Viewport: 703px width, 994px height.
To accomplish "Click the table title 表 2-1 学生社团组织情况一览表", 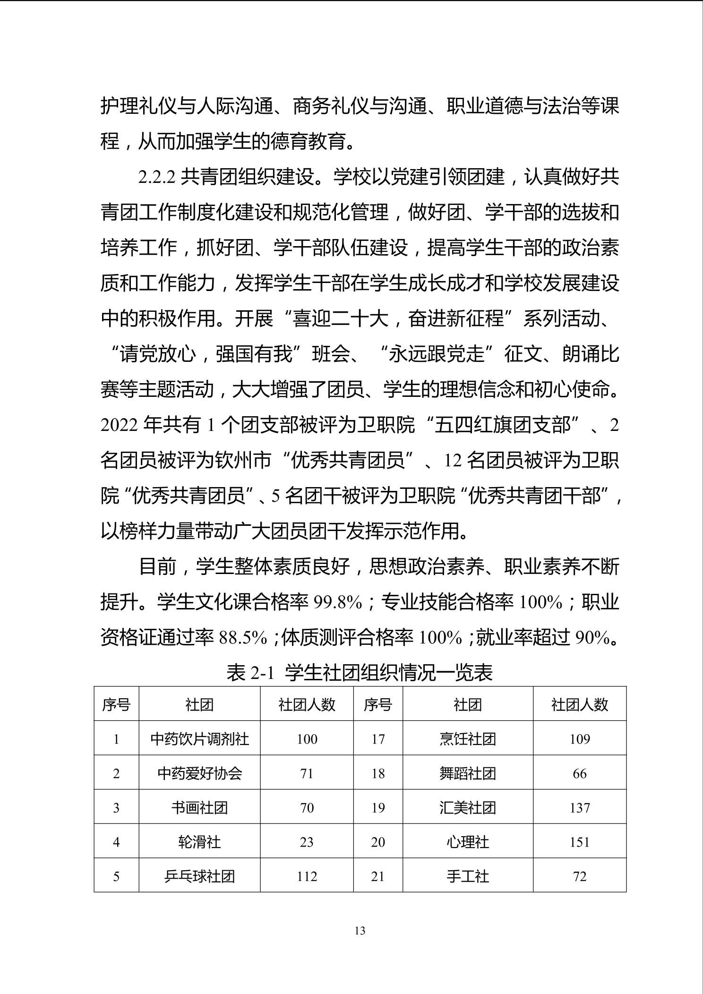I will click(360, 672).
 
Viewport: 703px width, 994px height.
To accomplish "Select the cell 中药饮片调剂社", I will click(199, 739).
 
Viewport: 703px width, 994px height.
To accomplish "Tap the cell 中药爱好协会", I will click(199, 773).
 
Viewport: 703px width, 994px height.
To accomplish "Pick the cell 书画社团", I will click(199, 807).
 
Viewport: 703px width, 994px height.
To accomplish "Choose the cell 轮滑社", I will click(199, 842).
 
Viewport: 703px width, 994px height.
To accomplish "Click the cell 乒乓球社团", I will click(199, 876).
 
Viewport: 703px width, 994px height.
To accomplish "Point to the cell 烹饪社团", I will click(467, 739).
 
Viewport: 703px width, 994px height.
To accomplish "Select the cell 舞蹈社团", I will click(467, 773).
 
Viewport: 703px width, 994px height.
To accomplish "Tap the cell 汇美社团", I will click(467, 807).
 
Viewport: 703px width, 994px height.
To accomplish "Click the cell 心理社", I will click(467, 842).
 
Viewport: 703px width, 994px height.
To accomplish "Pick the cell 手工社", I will click(467, 876).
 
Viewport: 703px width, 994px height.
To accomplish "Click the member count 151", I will click(580, 842).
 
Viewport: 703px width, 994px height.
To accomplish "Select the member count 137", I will click(580, 807).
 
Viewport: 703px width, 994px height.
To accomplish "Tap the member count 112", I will click(307, 876).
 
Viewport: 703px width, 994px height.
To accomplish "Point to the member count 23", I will click(307, 842).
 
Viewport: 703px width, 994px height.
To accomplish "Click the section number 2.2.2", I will click(157, 178).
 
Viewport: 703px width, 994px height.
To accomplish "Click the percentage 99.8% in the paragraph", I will click(338, 603).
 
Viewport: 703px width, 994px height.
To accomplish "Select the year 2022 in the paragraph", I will click(119, 426).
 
